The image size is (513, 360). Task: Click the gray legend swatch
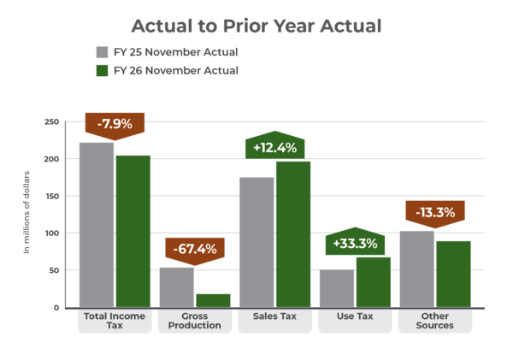pyautogui.click(x=103, y=53)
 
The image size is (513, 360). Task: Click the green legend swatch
pyautogui.click(x=103, y=70)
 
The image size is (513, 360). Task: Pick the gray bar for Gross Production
pyautogui.click(x=177, y=286)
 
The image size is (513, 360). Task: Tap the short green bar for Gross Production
pyautogui.click(x=213, y=300)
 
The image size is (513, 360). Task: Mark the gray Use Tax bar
pyautogui.click(x=337, y=288)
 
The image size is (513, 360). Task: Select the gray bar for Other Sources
pyautogui.click(x=416, y=269)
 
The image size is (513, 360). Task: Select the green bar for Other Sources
pyautogui.click(x=453, y=274)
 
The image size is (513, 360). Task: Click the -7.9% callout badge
pyautogui.click(x=115, y=124)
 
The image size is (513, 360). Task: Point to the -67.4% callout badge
pyautogui.click(x=194, y=249)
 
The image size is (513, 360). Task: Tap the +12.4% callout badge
pyautogui.click(x=274, y=147)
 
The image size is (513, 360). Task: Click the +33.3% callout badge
pyautogui.click(x=355, y=243)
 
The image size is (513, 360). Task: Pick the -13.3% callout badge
pyautogui.click(x=434, y=212)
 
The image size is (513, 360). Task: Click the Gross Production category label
pyautogui.click(x=194, y=321)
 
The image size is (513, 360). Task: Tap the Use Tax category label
pyautogui.click(x=355, y=316)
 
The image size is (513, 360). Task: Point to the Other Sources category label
pyautogui.click(x=434, y=321)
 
